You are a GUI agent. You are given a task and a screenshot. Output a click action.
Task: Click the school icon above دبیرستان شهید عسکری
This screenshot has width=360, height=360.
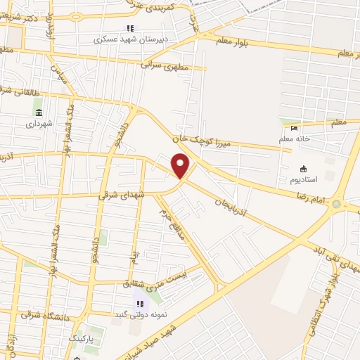click(129, 28)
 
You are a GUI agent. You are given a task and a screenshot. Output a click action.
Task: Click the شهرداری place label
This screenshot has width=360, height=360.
click(39, 124)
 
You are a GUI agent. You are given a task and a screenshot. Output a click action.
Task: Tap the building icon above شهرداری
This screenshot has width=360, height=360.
click(39, 112)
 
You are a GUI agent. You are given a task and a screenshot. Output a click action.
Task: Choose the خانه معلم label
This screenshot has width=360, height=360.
click(307, 139)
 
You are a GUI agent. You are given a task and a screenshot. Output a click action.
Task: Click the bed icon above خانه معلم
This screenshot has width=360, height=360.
click(294, 127)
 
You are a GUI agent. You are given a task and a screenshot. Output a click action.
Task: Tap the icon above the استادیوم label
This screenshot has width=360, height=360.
click(304, 169)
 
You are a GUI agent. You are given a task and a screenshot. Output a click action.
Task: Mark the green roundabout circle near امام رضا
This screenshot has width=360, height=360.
click(337, 205)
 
